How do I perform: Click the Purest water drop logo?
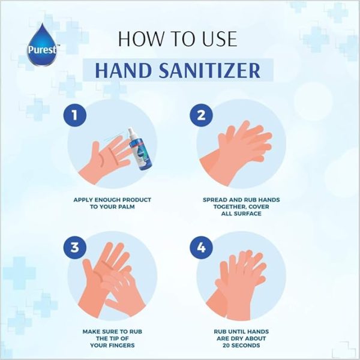pyautogui.click(x=42, y=45)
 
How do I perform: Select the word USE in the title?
pyautogui.click(x=220, y=39)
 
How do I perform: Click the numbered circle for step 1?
pyautogui.click(x=75, y=115)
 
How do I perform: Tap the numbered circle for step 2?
pyautogui.click(x=201, y=115)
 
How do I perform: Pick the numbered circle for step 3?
pyautogui.click(x=75, y=247)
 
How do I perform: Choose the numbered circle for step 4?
pyautogui.click(x=201, y=247)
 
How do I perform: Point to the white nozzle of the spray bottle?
pyautogui.click(x=131, y=133)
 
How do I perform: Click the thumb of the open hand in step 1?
pyautogui.click(x=95, y=149)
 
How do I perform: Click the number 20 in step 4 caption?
pyautogui.click(x=226, y=346)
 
